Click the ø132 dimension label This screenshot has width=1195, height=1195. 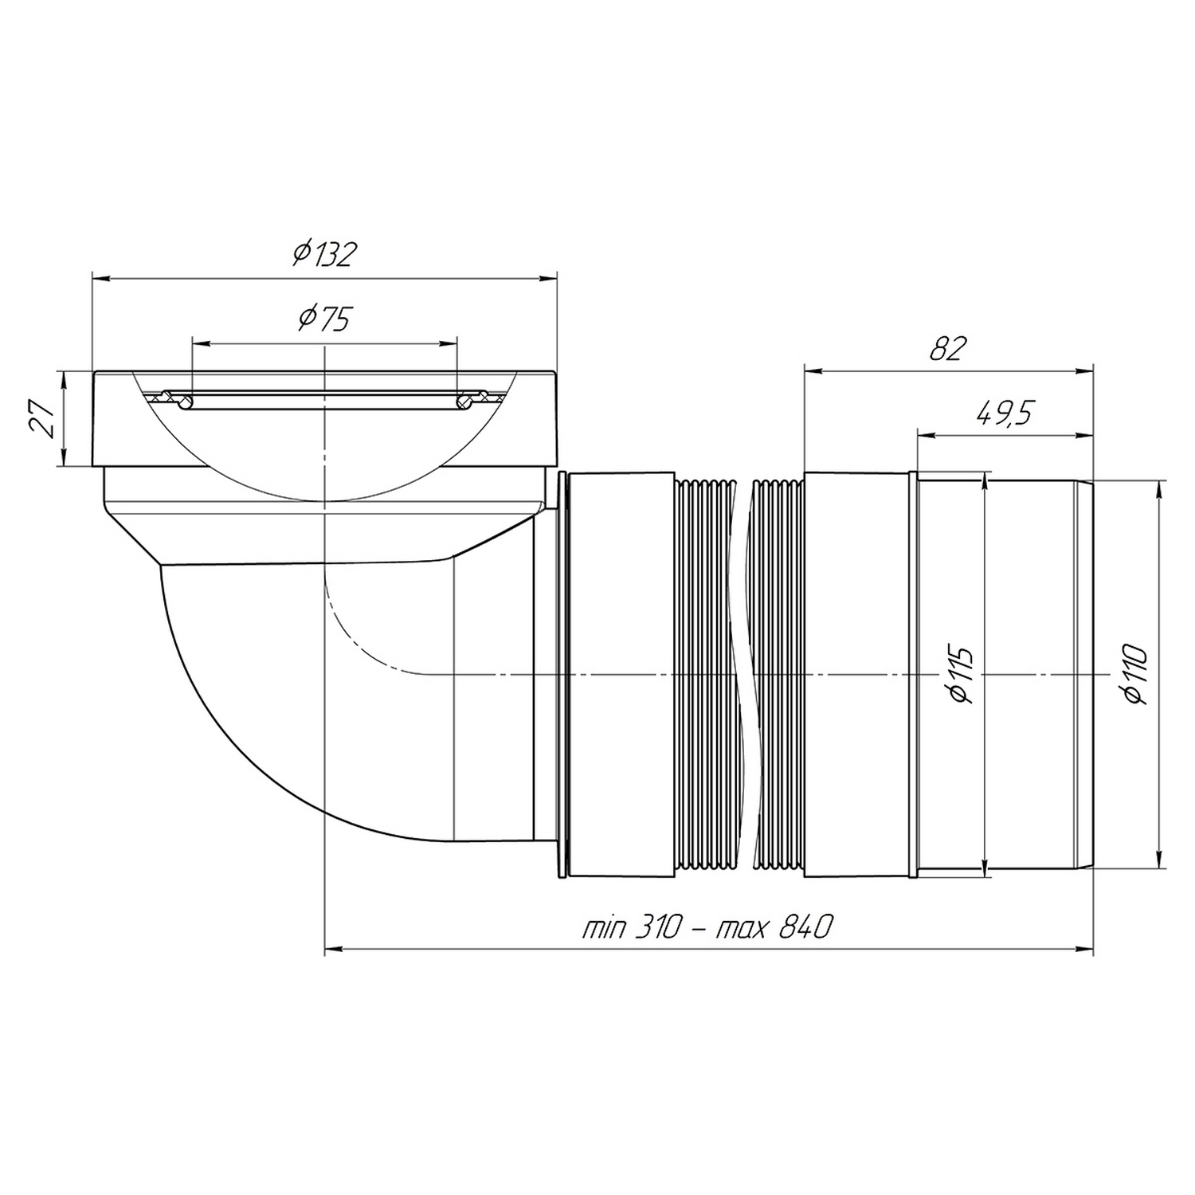(x=323, y=254)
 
